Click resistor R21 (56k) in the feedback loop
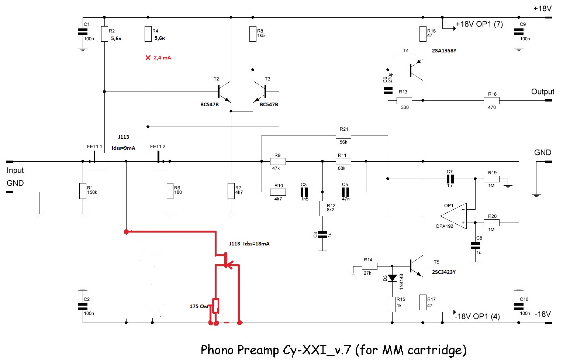click(343, 135)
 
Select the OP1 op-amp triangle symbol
click(454, 216)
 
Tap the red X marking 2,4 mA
click(148, 58)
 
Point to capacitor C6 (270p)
click(388, 90)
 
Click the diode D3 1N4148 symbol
click(392, 278)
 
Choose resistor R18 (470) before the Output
click(491, 100)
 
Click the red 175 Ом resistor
click(215, 306)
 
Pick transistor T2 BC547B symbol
click(223, 91)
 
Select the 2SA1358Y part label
click(444, 51)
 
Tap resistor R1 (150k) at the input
click(83, 191)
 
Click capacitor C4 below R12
click(322, 234)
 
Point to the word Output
click(542, 92)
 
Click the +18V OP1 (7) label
click(479, 24)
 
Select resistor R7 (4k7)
click(231, 191)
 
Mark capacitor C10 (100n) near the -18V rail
click(519, 306)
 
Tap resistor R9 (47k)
click(278, 161)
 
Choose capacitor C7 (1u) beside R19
click(450, 179)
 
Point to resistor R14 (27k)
click(369, 266)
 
